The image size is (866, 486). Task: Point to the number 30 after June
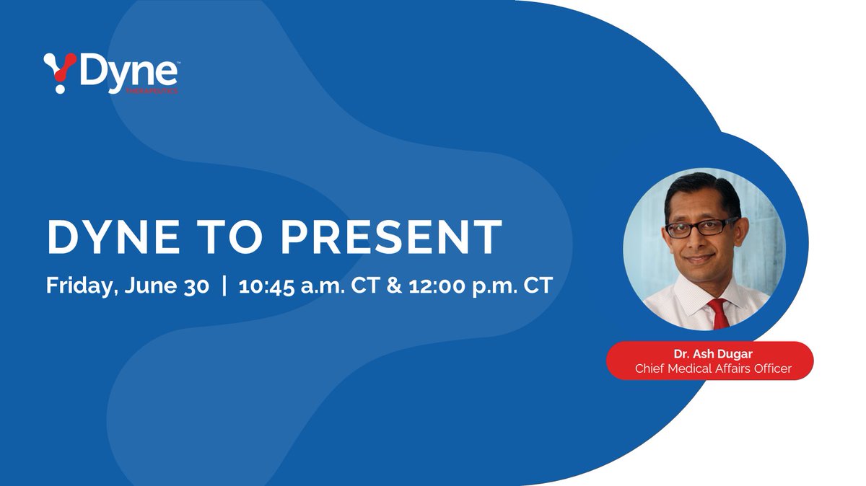pyautogui.click(x=194, y=285)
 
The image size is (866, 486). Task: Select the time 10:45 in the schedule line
pyautogui.click(x=266, y=285)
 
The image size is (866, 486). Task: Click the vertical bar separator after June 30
pyautogui.click(x=224, y=286)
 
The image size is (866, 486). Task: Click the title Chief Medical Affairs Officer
pyautogui.click(x=713, y=368)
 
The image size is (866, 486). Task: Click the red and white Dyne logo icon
pyautogui.click(x=59, y=72)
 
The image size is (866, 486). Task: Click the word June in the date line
pyautogui.click(x=152, y=286)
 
